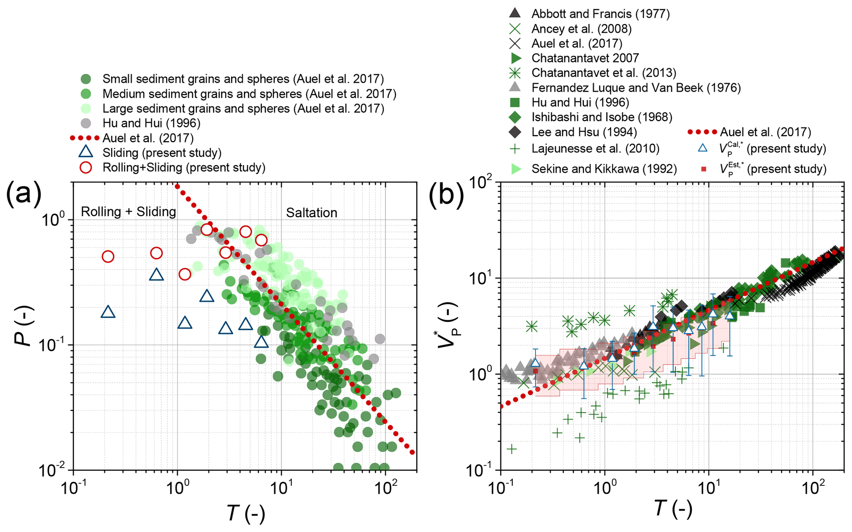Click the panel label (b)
pyautogui.click(x=446, y=195)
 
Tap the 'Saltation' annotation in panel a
pyautogui.click(x=312, y=213)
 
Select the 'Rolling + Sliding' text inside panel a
pyautogui.click(x=128, y=212)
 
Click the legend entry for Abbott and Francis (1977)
pyautogui.click(x=600, y=14)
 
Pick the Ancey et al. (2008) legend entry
pyautogui.click(x=581, y=28)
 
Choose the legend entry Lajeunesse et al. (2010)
pyautogui.click(x=595, y=148)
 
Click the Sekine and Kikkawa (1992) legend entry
pyautogui.click(x=604, y=169)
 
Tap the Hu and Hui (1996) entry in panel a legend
pyautogui.click(x=151, y=123)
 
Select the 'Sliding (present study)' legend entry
pyautogui.click(x=162, y=153)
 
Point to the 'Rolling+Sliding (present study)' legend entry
pyautogui.click(x=183, y=167)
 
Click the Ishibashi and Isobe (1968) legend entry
pyautogui.click(x=601, y=117)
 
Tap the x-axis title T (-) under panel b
pyautogui.click(x=673, y=508)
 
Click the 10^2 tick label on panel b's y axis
pyautogui.click(x=482, y=182)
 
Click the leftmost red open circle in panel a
pyautogui.click(x=108, y=257)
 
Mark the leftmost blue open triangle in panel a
pyautogui.click(x=108, y=312)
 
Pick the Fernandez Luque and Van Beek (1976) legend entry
pyautogui.click(x=636, y=87)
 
